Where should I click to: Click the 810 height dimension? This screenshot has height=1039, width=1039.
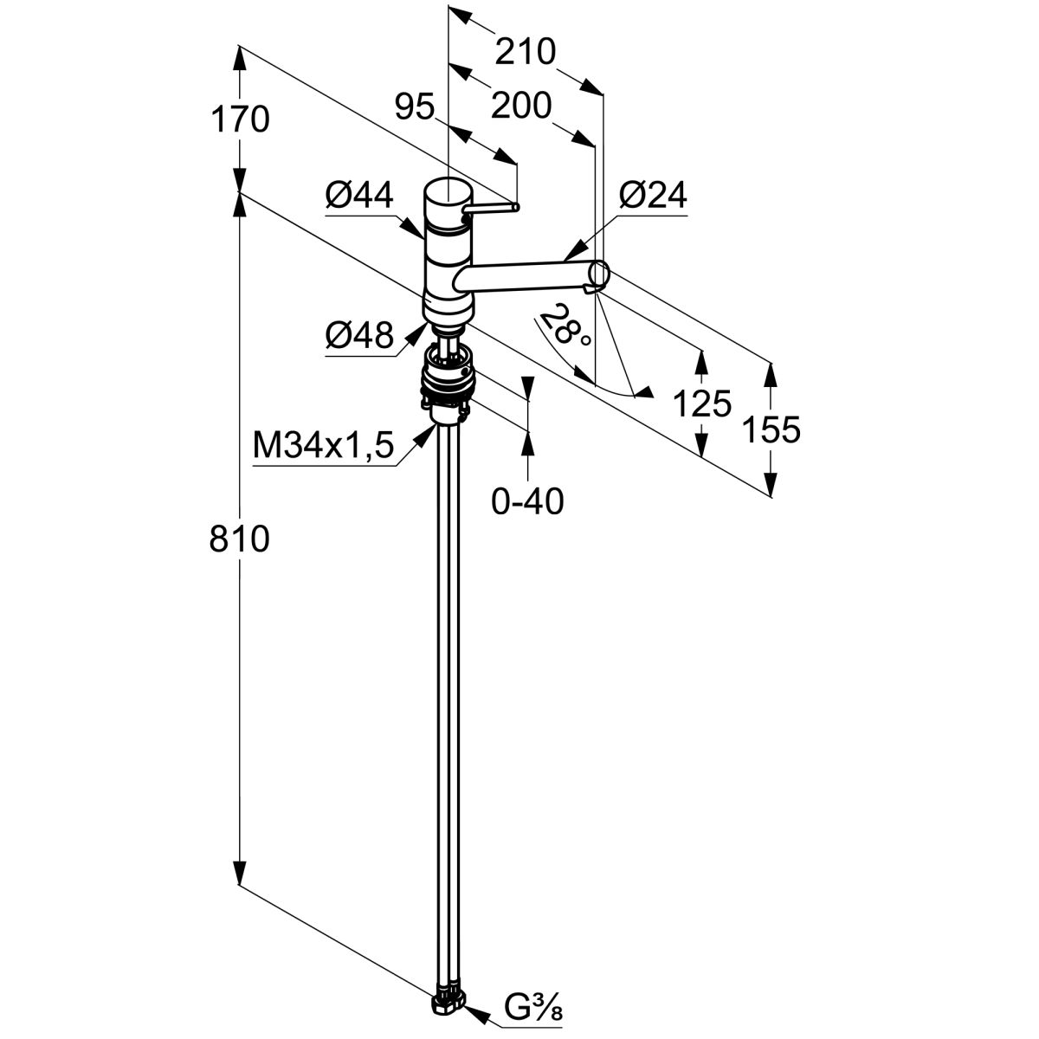click(239, 539)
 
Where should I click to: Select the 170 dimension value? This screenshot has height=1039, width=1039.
click(239, 119)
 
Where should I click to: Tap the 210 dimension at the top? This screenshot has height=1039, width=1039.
click(524, 53)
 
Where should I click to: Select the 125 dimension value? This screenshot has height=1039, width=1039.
click(702, 403)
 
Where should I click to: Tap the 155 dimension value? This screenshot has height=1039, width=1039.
click(771, 429)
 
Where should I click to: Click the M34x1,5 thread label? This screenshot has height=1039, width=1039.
click(323, 447)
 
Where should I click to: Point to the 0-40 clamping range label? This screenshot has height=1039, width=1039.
click(527, 500)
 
